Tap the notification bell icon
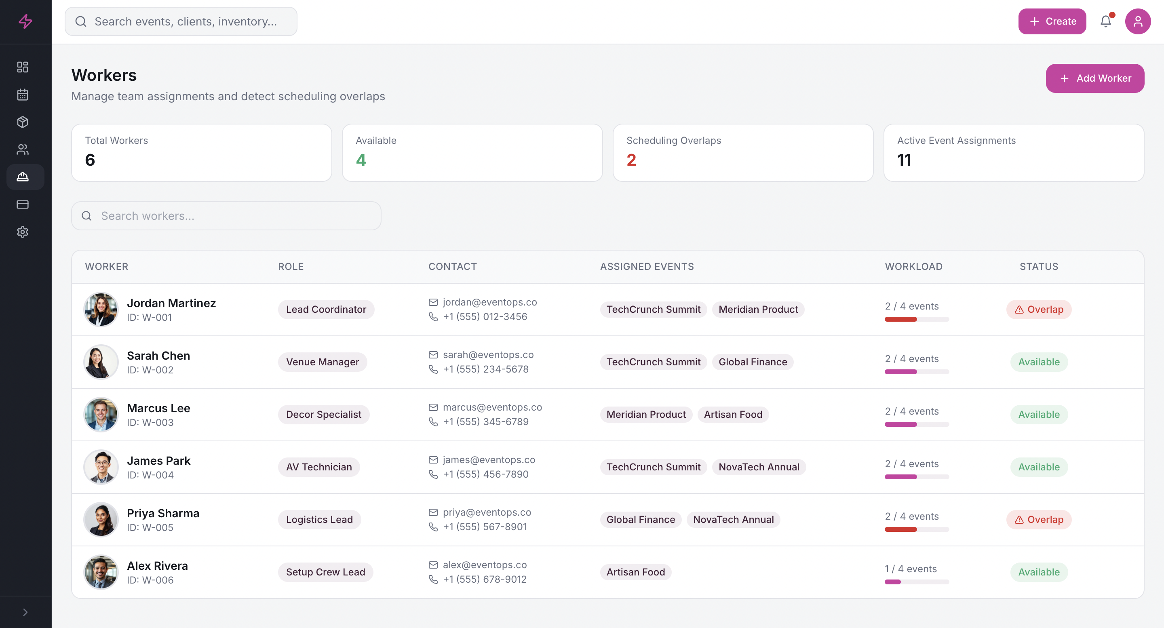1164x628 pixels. tap(1105, 21)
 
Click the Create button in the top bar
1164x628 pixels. tap(1052, 21)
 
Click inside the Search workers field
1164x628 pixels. tap(226, 216)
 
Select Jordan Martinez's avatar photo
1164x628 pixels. tap(101, 310)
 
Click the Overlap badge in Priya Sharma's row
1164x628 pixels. tap(1038, 520)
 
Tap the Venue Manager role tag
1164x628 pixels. tap(322, 362)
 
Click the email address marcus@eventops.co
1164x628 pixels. tap(492, 407)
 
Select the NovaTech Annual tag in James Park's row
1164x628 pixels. tap(759, 467)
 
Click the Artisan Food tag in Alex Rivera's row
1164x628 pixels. tap(635, 572)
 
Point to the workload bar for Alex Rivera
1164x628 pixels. tap(916, 582)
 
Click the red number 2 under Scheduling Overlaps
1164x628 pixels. tap(631, 160)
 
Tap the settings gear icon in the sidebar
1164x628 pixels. tap(23, 232)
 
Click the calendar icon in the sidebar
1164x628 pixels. tap(23, 95)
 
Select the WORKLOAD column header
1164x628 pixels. tap(913, 267)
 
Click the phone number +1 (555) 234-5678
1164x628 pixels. tap(485, 369)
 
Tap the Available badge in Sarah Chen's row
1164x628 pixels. tap(1038, 362)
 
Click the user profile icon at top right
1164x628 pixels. tap(1137, 21)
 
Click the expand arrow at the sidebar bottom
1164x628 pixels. tap(25, 612)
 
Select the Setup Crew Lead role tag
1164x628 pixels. tap(325, 572)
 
